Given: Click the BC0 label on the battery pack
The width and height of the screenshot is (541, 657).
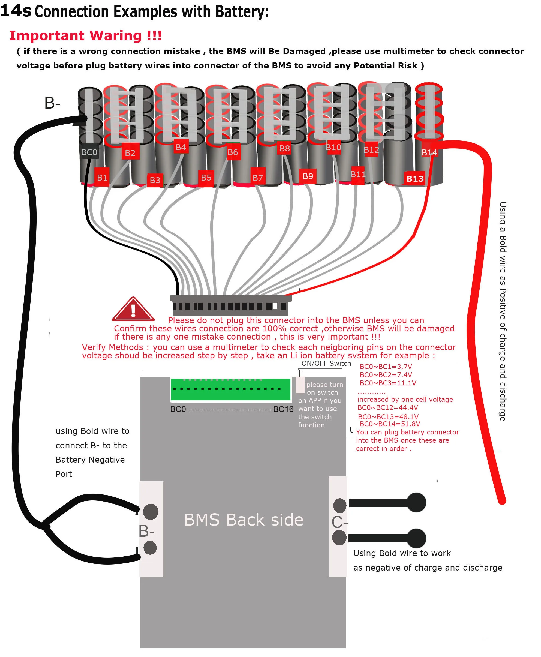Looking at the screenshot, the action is click(89, 152).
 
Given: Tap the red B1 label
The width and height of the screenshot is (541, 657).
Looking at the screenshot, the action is click(102, 177).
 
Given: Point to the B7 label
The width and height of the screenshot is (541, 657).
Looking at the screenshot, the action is click(258, 178).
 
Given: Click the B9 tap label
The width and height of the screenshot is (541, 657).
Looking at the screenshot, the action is click(308, 176).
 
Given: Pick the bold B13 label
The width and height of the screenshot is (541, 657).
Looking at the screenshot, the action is click(415, 179).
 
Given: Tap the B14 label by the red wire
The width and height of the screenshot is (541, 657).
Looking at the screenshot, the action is click(429, 152).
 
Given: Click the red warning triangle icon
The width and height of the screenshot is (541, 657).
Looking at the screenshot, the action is click(133, 309).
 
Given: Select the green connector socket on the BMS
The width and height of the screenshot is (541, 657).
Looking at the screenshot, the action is click(230, 389).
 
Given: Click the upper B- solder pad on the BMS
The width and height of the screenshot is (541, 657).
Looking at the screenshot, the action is click(151, 511).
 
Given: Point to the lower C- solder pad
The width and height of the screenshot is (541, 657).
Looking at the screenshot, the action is click(339, 538).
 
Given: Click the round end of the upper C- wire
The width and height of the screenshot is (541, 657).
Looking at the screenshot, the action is click(416, 502).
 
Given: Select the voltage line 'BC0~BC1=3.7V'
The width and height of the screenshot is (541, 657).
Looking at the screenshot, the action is click(386, 367).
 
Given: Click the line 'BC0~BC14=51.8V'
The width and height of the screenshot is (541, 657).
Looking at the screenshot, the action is click(390, 424).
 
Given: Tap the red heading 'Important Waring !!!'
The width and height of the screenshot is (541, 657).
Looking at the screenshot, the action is click(85, 35).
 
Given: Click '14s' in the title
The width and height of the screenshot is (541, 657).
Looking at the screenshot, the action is click(16, 11).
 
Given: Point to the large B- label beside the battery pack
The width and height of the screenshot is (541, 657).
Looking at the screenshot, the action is click(52, 103).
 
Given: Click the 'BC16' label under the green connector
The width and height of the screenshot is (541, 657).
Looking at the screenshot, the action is click(283, 409).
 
